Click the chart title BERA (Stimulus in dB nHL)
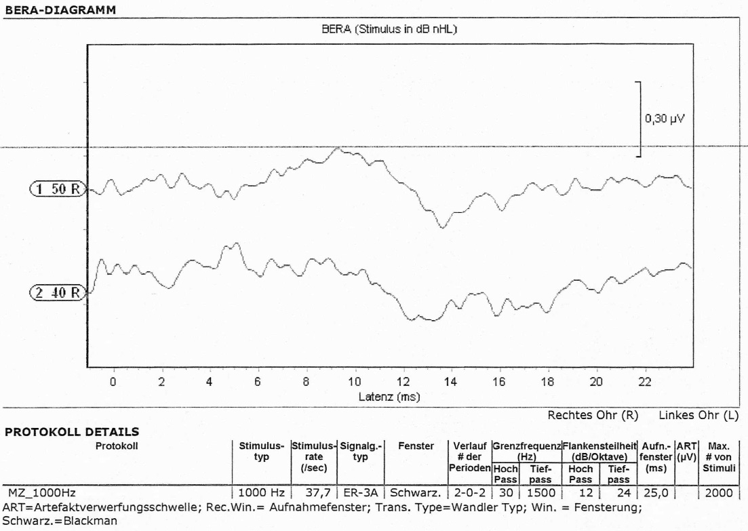coord(387,30)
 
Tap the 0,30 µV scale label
coord(665,118)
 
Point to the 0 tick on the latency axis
coord(113,382)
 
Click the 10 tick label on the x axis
coord(354,382)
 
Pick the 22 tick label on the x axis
coord(644,382)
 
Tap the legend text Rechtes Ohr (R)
coord(592,415)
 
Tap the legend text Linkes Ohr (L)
coord(698,415)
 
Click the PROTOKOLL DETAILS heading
coord(71,431)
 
